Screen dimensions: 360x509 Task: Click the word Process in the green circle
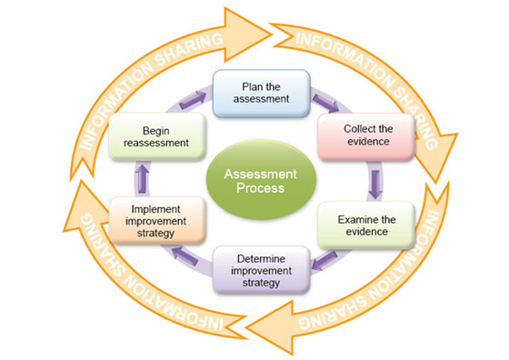254,188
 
